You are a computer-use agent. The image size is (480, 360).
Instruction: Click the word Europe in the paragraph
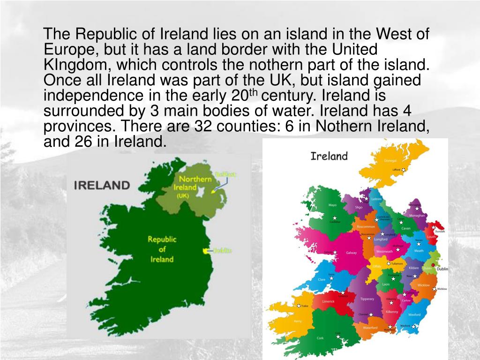pyautogui.click(x=70, y=49)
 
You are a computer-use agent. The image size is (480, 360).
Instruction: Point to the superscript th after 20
pyautogui.click(x=253, y=92)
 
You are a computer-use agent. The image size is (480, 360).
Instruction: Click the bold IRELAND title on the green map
pyautogui.click(x=102, y=185)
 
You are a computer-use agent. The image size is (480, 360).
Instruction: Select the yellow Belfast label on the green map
pyautogui.click(x=226, y=175)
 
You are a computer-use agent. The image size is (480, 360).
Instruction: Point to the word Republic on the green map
pyautogui.click(x=162, y=239)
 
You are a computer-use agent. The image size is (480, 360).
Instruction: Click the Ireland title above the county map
pyautogui.click(x=329, y=156)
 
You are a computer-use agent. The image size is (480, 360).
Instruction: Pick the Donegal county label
pyautogui.click(x=390, y=161)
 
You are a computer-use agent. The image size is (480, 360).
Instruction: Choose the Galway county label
pyautogui.click(x=351, y=253)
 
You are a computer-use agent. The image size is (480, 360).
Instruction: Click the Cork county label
pyautogui.click(x=320, y=338)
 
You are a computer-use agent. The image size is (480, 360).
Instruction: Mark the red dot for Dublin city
pyautogui.click(x=433, y=266)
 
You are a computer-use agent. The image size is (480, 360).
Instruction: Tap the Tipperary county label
pyautogui.click(x=367, y=299)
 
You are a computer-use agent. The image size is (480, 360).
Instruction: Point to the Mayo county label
pyautogui.click(x=332, y=205)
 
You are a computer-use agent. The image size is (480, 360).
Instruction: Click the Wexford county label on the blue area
pyautogui.click(x=414, y=315)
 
